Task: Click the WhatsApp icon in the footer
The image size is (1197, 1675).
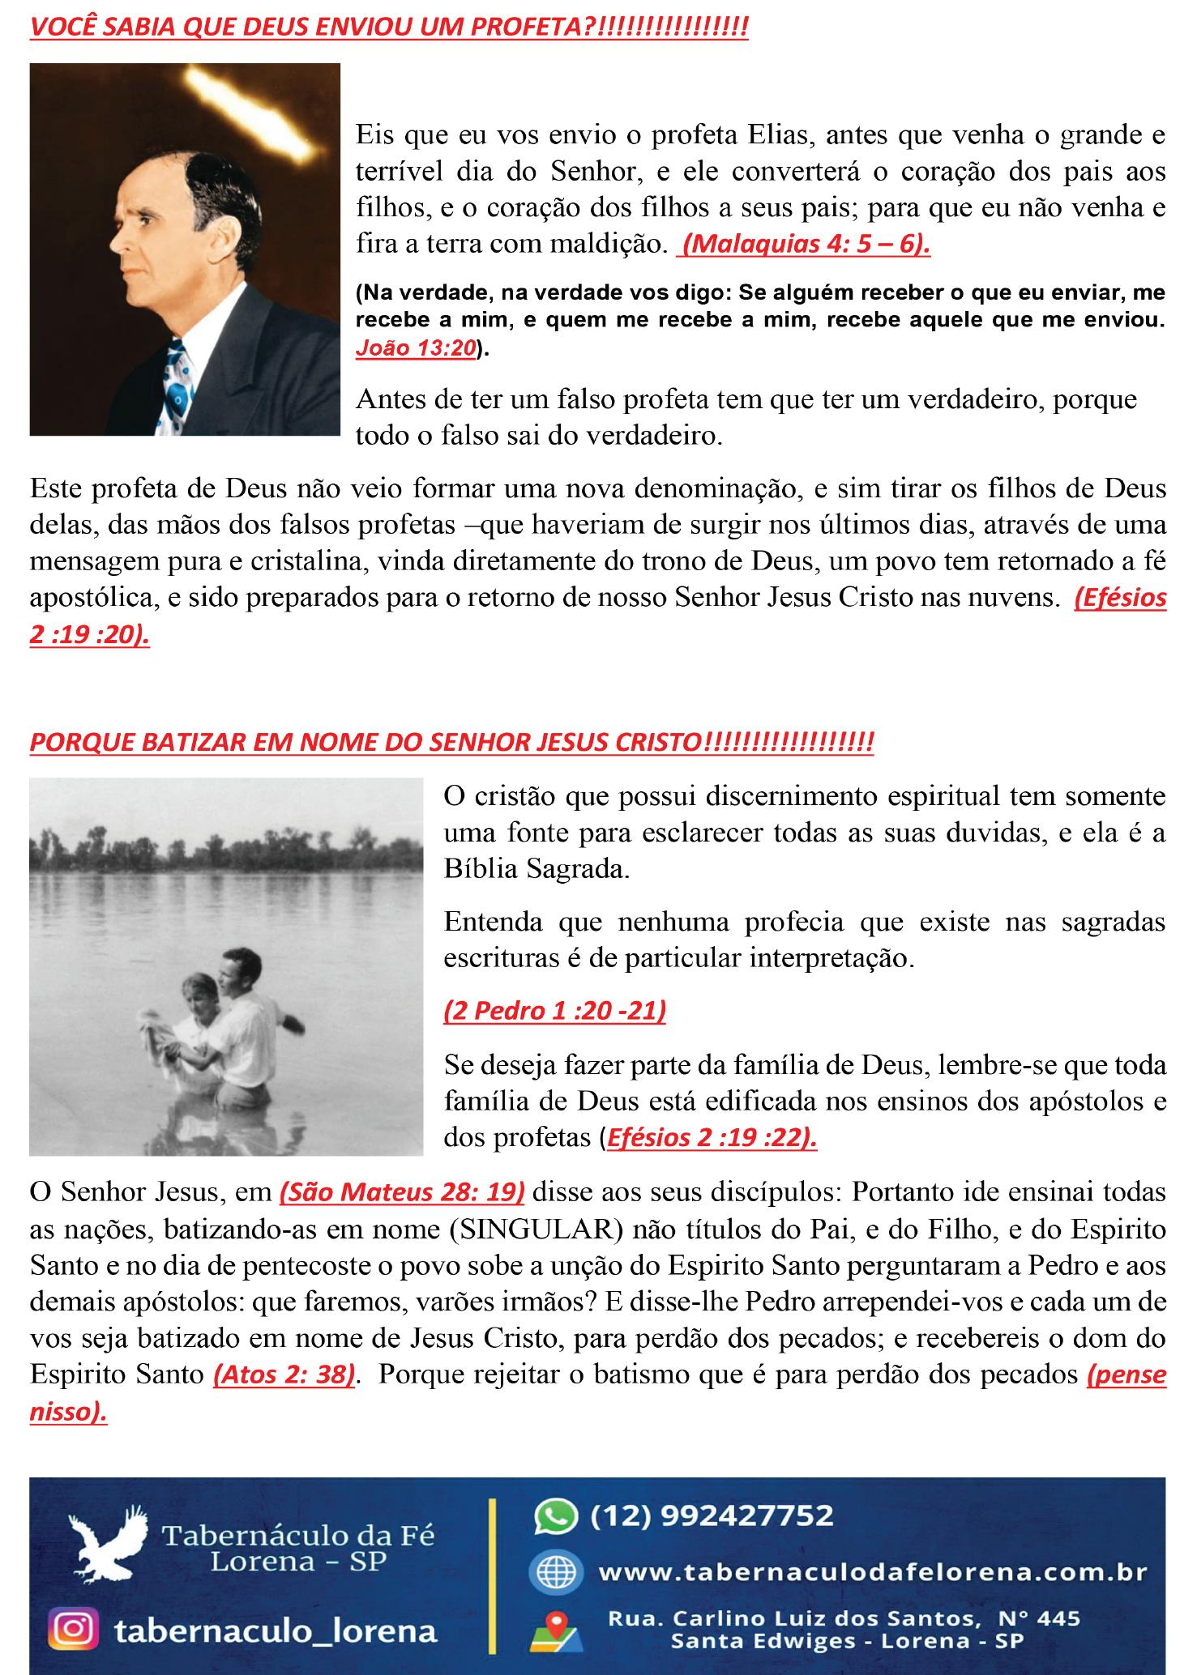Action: tap(555, 1516)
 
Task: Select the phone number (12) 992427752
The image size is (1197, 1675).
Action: tap(712, 1515)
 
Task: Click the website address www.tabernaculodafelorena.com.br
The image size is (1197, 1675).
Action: tap(872, 1572)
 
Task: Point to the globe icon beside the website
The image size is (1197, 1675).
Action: tap(555, 1572)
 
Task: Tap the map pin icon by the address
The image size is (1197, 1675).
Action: tap(555, 1629)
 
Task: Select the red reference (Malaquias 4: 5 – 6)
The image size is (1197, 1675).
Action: tap(804, 244)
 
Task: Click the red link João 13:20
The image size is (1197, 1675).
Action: tap(416, 348)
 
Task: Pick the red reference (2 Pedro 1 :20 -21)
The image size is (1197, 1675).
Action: tap(554, 1011)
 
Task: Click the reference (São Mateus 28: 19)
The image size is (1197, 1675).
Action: tap(401, 1192)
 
